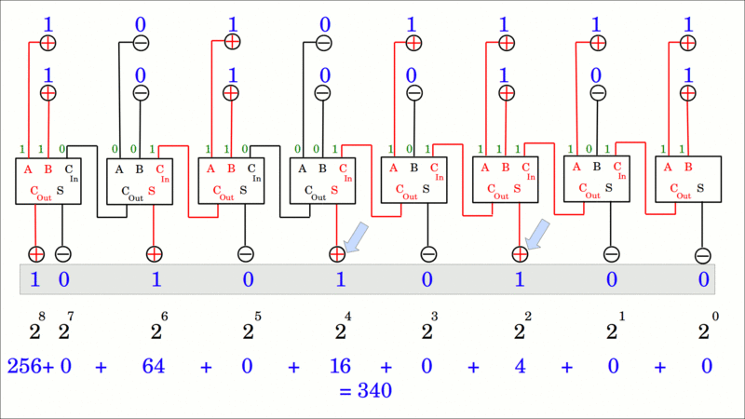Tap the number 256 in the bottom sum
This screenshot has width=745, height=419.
pos(26,366)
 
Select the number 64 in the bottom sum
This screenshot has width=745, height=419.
pos(154,366)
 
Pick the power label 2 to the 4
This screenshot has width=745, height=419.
pos(341,329)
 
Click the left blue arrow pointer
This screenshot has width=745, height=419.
pos(356,237)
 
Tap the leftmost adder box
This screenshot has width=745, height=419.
pos(49,181)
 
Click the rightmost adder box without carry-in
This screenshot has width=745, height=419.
pos(688,181)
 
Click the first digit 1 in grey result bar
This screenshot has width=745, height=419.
pos(35,278)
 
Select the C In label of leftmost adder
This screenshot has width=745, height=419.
pos(73,172)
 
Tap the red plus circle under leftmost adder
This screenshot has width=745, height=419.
pos(35,253)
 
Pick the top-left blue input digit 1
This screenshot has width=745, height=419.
pos(48,23)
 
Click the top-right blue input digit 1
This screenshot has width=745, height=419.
pos(687,23)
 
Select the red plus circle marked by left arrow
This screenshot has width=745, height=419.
pos(337,253)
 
